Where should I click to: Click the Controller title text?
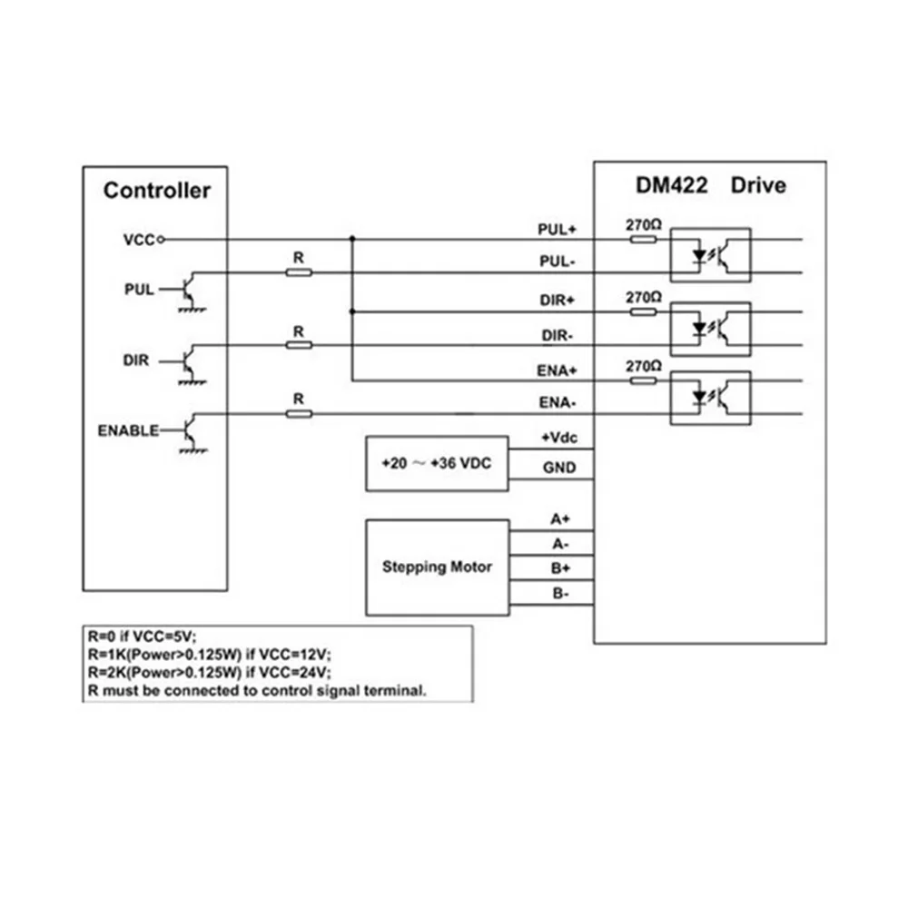click(156, 191)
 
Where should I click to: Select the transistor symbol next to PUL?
click(189, 291)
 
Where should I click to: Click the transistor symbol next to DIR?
click(189, 361)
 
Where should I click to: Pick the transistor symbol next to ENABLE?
click(189, 431)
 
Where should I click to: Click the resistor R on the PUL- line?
click(299, 271)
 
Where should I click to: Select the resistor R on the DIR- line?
click(299, 344)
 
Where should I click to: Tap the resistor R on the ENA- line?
click(299, 413)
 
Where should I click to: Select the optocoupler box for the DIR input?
click(710, 328)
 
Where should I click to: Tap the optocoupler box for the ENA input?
click(710, 398)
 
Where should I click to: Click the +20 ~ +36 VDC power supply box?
click(437, 462)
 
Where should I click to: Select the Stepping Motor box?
click(437, 567)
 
